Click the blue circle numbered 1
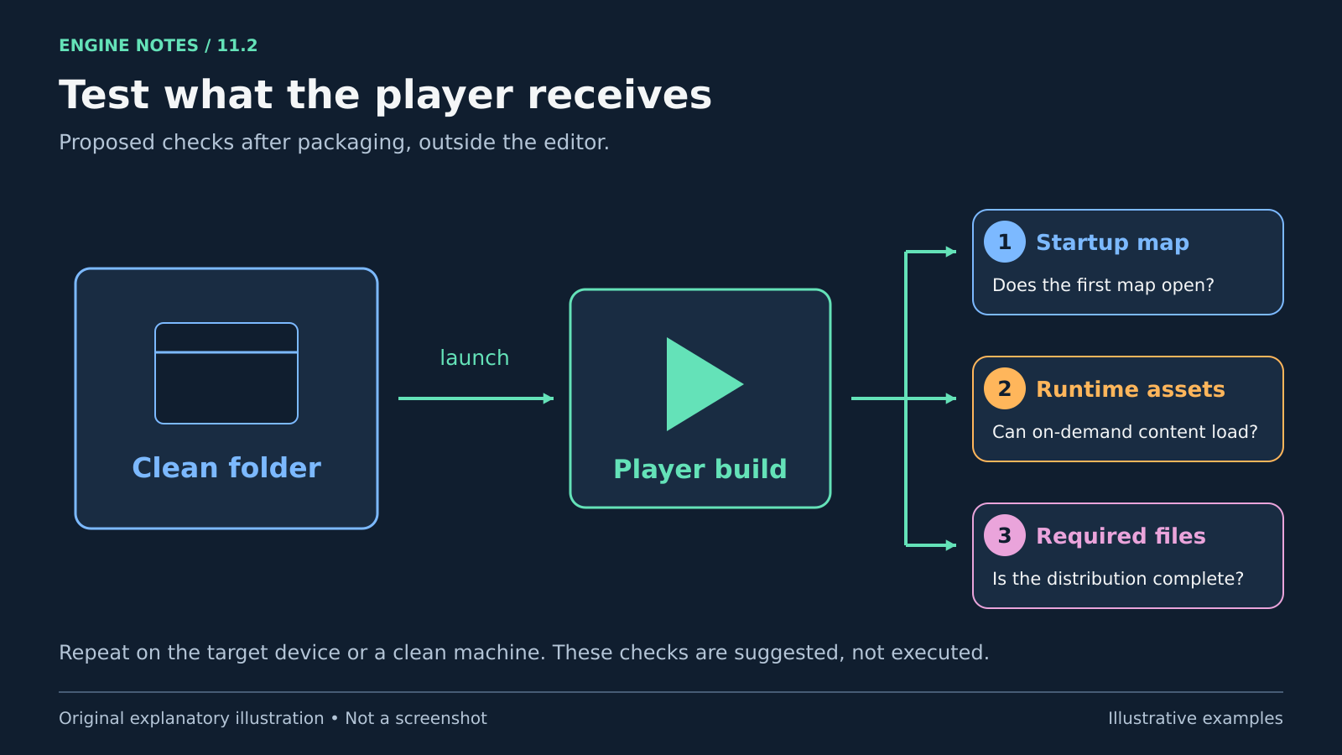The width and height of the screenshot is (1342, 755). tap(1005, 242)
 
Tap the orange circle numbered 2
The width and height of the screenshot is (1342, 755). tap(1005, 389)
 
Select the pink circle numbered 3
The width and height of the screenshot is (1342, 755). tap(1005, 536)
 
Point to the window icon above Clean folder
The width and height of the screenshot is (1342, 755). tap(226, 373)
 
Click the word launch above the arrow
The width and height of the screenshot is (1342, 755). tap(475, 357)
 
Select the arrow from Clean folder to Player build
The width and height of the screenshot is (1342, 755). tap(476, 398)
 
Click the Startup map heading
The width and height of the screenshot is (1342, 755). tap(1112, 242)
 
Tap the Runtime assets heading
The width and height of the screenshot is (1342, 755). tap(1131, 389)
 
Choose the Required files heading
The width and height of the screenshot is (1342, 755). tap(1121, 536)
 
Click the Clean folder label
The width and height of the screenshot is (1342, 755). tap(226, 468)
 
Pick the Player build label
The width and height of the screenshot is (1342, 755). tap(700, 469)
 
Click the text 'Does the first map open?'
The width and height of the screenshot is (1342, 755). tap(1103, 285)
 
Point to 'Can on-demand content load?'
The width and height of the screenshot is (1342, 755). tap(1125, 432)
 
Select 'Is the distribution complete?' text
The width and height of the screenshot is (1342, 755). tap(1118, 579)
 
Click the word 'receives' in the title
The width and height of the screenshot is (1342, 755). tap(620, 96)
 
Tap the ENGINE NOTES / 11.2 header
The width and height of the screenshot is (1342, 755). tap(159, 45)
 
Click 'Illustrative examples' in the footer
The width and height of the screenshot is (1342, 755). tap(1195, 718)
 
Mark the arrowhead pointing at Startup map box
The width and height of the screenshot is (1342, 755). tap(951, 252)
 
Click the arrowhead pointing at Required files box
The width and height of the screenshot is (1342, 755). tap(951, 545)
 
